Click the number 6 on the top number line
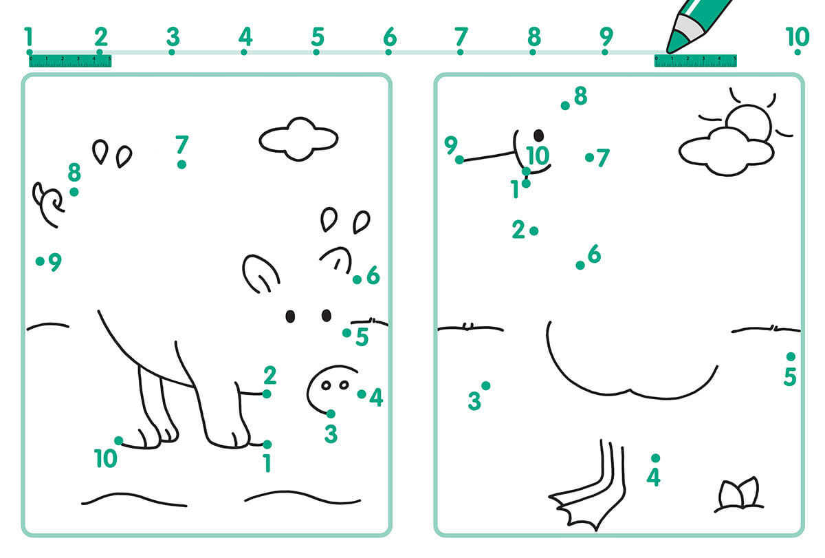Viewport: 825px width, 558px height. tap(390, 36)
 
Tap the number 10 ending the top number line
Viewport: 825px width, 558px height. tap(797, 36)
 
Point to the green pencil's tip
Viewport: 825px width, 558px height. tap(669, 50)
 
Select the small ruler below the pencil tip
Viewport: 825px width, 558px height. tap(695, 61)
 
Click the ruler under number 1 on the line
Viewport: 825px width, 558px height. tap(70, 61)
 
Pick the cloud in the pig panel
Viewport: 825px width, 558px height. tap(298, 139)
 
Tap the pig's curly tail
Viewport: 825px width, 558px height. tap(48, 204)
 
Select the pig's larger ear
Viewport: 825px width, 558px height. tap(260, 274)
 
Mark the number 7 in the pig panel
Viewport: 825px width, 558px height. tap(182, 144)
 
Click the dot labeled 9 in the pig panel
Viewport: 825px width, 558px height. tap(40, 261)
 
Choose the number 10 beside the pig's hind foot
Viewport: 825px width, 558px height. tap(105, 458)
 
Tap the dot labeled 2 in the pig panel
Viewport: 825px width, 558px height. tap(267, 394)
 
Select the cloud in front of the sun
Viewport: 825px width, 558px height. tap(726, 151)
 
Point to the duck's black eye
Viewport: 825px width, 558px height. tap(538, 136)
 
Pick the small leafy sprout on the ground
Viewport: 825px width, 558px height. tap(738, 495)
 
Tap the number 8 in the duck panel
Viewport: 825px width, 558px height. tap(580, 96)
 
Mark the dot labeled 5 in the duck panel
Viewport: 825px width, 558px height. tap(791, 356)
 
